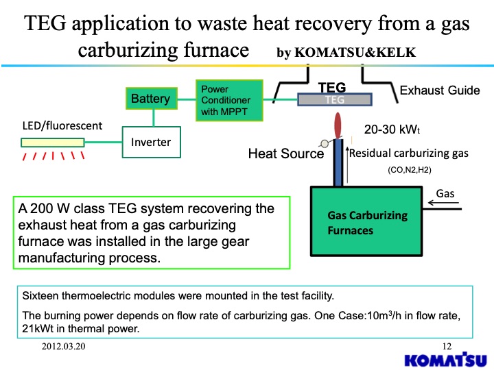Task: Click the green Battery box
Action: (x=150, y=99)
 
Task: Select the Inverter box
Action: (x=151, y=143)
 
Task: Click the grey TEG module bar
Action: (x=331, y=100)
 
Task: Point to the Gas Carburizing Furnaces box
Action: (x=367, y=223)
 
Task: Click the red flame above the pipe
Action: (x=337, y=126)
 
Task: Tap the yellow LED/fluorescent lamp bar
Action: (x=52, y=143)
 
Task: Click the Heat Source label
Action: (x=285, y=153)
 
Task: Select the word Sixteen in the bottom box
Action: (x=43, y=296)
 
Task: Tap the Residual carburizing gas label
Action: (x=409, y=153)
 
